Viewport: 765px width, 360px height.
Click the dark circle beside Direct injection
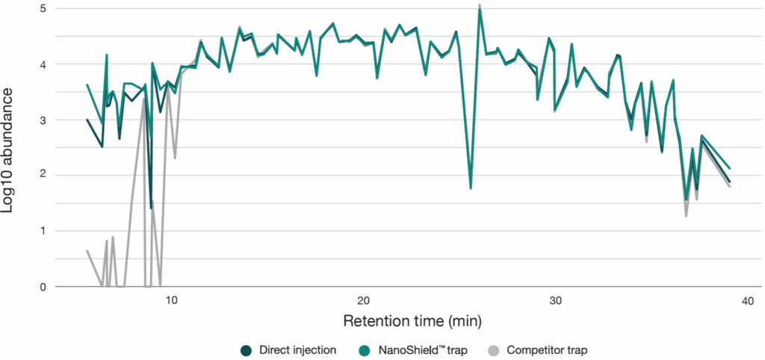(x=245, y=350)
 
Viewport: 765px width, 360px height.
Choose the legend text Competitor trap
(x=542, y=350)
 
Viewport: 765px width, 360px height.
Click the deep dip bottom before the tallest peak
(x=470, y=188)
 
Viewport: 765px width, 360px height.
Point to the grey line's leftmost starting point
(x=87, y=251)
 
